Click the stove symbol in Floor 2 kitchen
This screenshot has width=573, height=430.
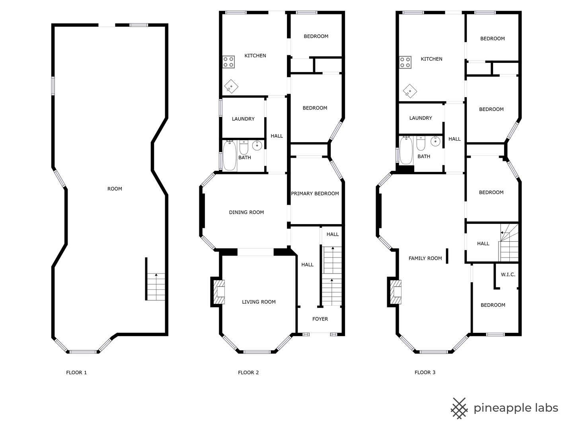pyautogui.click(x=228, y=62)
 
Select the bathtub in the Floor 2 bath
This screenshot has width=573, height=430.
pyautogui.click(x=230, y=156)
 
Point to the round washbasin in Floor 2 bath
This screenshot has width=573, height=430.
pyautogui.click(x=257, y=145)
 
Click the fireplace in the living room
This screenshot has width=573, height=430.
pyautogui.click(x=218, y=292)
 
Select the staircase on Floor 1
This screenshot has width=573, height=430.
pyautogui.click(x=156, y=287)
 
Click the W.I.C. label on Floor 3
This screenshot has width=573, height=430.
pyautogui.click(x=508, y=275)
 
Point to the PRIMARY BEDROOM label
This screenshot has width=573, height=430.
pyautogui.click(x=315, y=193)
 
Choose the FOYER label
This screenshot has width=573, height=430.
pyautogui.click(x=320, y=319)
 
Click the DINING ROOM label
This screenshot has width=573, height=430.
pyautogui.click(x=246, y=212)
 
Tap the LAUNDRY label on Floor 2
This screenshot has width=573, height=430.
pyautogui.click(x=243, y=119)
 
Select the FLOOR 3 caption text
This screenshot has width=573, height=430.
pyautogui.click(x=425, y=373)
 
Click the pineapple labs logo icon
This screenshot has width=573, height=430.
pyautogui.click(x=459, y=408)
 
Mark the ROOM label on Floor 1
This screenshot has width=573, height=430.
pyautogui.click(x=115, y=189)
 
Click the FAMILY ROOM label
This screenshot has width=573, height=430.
pyautogui.click(x=425, y=258)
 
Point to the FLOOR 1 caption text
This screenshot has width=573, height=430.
pyautogui.click(x=76, y=373)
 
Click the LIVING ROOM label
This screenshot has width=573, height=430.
pyautogui.click(x=259, y=302)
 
